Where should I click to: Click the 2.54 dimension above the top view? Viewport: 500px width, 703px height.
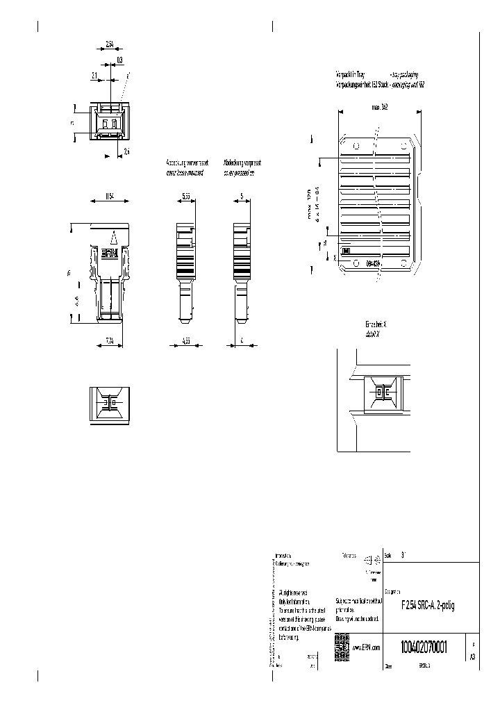(x=110, y=44)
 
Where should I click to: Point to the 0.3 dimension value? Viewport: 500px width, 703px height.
(x=119, y=60)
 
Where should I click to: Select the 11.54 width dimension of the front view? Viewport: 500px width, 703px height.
(x=109, y=197)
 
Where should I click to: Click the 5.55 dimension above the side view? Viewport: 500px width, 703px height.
(x=185, y=197)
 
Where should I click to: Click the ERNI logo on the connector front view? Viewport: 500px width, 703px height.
(x=109, y=254)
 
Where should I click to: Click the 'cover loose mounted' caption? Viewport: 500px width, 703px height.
(x=185, y=173)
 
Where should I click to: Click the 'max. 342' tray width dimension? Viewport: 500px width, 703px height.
(x=379, y=107)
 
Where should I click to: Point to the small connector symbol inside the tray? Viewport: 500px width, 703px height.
(x=346, y=251)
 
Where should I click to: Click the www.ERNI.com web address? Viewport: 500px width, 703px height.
(x=366, y=647)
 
